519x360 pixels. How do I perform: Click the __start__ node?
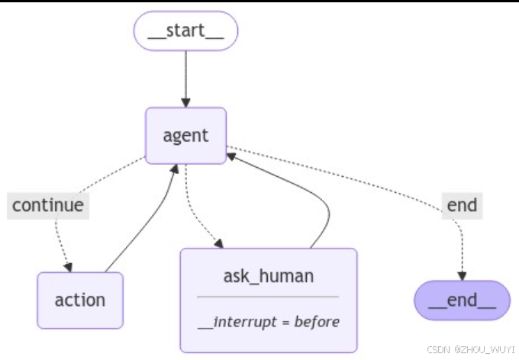click(186, 31)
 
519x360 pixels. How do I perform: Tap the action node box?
click(79, 300)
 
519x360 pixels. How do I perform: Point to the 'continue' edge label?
click(47, 204)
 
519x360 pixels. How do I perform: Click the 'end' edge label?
click(462, 204)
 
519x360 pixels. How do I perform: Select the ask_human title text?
click(268, 275)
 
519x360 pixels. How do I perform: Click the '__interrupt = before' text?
click(268, 321)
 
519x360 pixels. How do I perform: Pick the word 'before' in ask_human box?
click(318, 321)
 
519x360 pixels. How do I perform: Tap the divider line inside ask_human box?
click(268, 297)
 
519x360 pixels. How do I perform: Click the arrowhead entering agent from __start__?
click(186, 102)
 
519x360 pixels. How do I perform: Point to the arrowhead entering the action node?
click(69, 266)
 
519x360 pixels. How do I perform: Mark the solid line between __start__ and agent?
click(186, 76)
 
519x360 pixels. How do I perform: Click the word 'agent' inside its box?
click(186, 136)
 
